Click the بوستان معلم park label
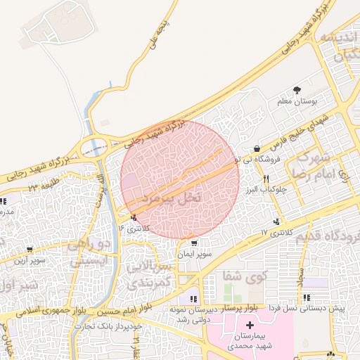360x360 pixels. (294, 103)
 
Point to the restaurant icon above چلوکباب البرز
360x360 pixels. (265, 179)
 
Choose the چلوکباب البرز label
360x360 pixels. (264, 190)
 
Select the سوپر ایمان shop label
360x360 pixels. (193, 254)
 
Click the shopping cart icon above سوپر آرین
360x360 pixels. (30, 249)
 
